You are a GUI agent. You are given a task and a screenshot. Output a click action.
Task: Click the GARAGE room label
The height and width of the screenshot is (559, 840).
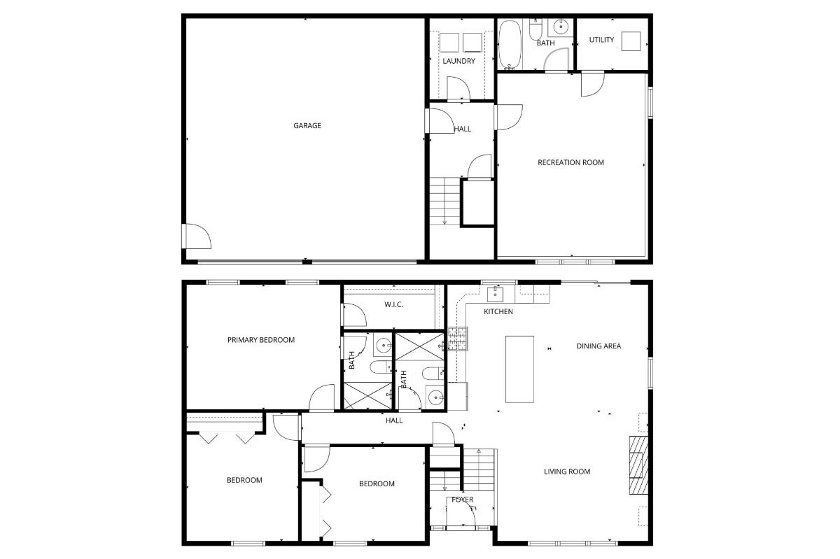pos(307,126)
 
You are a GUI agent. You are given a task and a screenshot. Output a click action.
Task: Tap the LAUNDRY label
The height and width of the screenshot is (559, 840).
pos(458,61)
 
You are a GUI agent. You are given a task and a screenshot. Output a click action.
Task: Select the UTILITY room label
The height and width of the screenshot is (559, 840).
pos(601,40)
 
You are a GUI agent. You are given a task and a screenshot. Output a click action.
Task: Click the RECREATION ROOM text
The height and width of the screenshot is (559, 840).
pos(570,162)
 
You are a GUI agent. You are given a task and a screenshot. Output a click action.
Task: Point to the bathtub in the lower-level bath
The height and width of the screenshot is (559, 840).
pos(510,45)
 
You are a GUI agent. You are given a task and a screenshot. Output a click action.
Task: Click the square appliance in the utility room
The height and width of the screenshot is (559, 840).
pos(632,41)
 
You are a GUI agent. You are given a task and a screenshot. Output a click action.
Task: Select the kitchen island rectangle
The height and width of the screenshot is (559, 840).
pos(519,369)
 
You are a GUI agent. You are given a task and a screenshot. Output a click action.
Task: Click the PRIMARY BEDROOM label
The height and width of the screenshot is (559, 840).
pos(261,340)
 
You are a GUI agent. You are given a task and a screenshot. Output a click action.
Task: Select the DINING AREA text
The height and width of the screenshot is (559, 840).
pos(598,346)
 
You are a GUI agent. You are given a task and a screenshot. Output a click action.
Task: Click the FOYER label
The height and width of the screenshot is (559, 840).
pos(462,500)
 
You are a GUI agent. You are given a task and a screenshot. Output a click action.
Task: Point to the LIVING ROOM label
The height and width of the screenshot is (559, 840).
pos(567,472)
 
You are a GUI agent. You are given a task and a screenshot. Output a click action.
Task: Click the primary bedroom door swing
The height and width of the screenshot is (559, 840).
pos(321,399)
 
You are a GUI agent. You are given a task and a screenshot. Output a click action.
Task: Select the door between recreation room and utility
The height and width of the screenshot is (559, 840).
pos(592,84)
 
